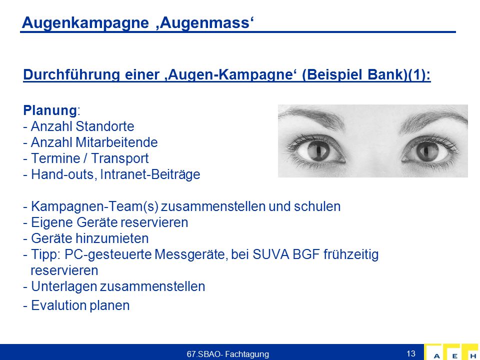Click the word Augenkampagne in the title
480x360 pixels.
click(x=85, y=23)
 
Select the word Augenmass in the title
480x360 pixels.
click(x=205, y=22)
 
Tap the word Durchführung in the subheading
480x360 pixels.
click(x=71, y=74)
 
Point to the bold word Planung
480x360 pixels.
click(x=50, y=110)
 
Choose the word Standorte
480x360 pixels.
click(x=104, y=126)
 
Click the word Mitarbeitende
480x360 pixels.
click(x=116, y=142)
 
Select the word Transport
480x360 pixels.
click(x=119, y=158)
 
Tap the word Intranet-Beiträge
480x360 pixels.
click(x=150, y=174)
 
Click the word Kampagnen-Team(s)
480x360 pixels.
click(x=94, y=206)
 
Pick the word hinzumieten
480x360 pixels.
click(x=112, y=238)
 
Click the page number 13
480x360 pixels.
click(x=411, y=353)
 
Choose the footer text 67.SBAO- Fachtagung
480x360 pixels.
click(x=228, y=354)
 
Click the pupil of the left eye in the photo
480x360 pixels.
click(x=318, y=150)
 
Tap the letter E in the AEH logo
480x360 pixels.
click(x=455, y=356)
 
